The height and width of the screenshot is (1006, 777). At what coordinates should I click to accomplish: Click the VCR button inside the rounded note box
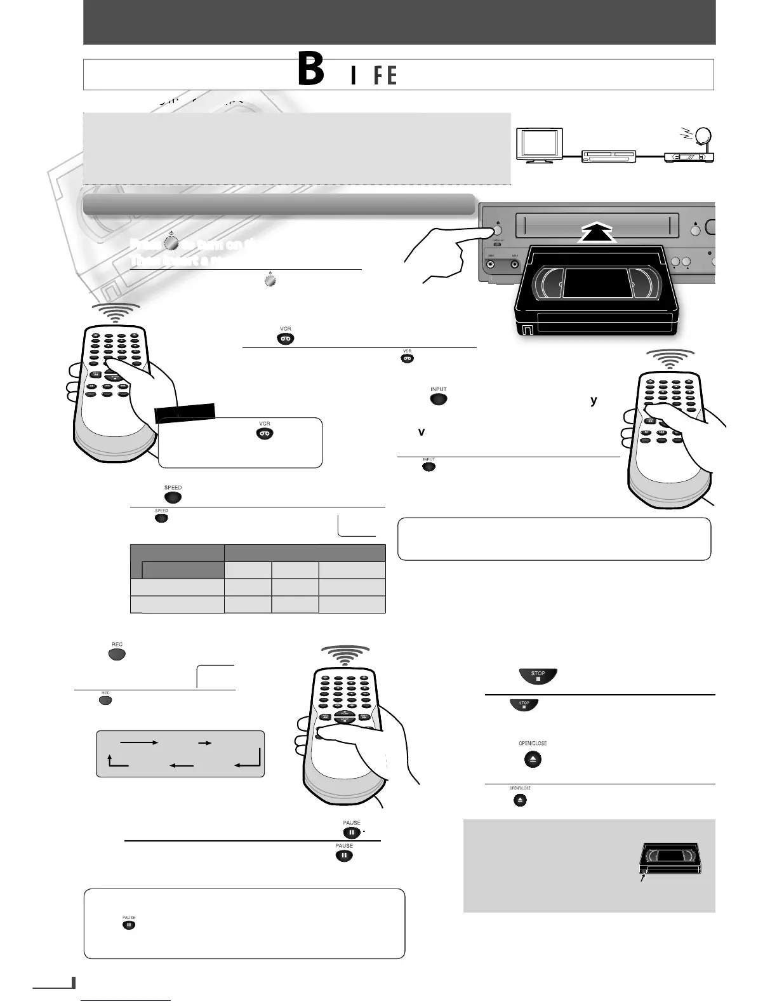265,433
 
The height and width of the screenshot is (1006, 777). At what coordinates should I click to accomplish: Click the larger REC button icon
117,654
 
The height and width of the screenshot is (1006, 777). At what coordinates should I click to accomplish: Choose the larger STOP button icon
538,676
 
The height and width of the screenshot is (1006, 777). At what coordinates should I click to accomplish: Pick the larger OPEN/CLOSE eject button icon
533,759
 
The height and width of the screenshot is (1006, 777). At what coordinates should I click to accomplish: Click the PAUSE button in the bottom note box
129,925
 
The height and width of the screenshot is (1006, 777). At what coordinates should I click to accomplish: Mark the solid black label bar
186,413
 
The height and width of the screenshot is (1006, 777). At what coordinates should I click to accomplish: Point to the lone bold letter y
594,400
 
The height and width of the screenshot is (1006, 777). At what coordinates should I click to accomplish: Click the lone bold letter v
421,432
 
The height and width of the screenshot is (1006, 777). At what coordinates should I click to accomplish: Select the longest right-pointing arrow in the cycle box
138,741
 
